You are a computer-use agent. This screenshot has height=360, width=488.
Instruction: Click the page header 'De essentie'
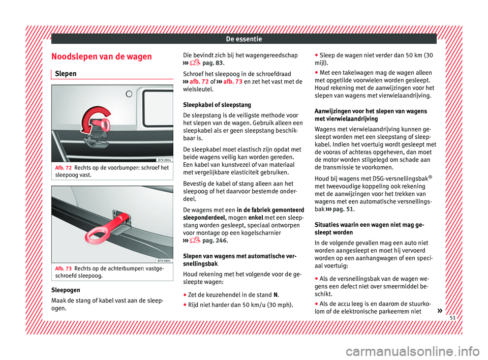coord(244,38)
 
